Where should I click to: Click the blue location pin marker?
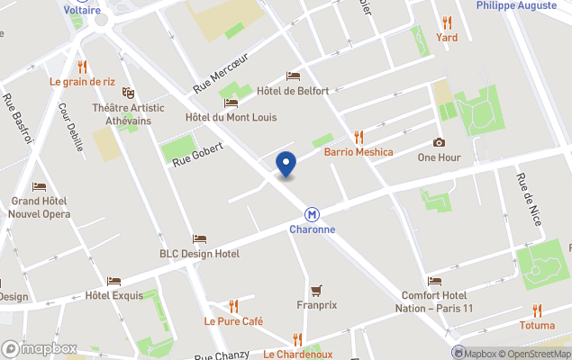pos(286,165)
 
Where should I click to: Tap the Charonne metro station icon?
pos(312,214)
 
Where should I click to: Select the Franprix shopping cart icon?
pos(316,290)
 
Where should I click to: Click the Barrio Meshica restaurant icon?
pos(359,137)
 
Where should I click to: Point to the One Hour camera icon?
pos(439,142)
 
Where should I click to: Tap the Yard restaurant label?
pos(447,37)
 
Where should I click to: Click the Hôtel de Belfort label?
pos(293,91)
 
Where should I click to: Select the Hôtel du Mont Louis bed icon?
pos(231,103)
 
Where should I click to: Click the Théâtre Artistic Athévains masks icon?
pos(128,93)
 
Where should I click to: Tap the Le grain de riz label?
pos(82,81)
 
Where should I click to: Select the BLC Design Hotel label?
pos(199,254)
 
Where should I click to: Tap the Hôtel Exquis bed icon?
pos(113,282)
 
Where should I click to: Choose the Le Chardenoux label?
pos(298,355)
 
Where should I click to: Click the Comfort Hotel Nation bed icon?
pos(435,282)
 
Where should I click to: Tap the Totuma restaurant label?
pos(537,324)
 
